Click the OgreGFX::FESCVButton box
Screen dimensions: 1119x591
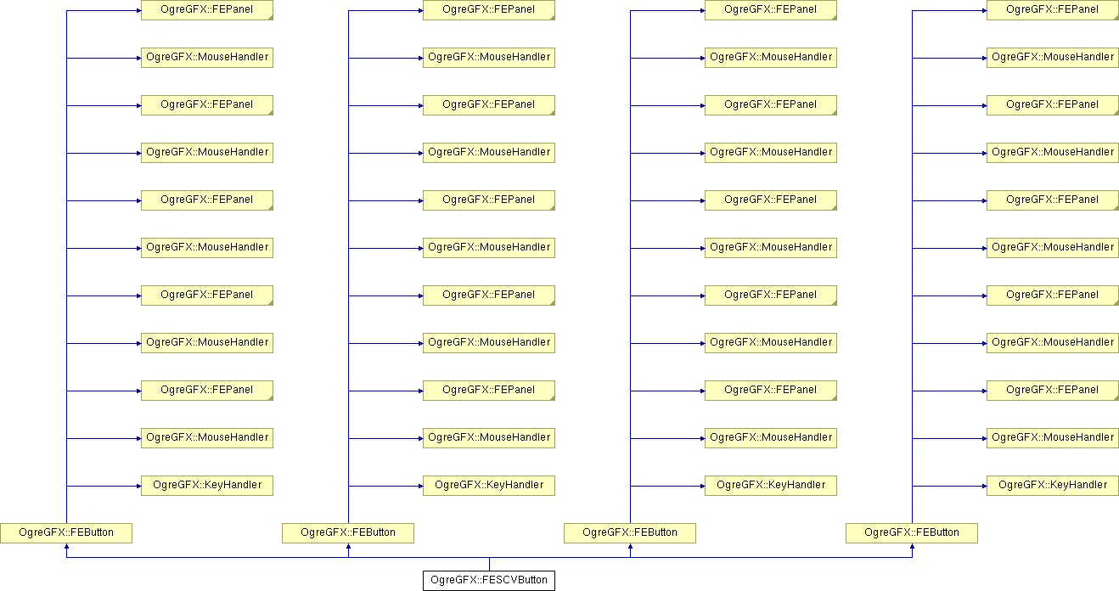[488, 581]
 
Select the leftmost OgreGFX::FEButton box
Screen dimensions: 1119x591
[66, 533]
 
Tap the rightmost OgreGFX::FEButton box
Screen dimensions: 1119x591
[912, 533]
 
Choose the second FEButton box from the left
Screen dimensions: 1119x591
[348, 533]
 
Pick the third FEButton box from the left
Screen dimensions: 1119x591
[630, 533]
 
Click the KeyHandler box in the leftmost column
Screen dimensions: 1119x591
[207, 486]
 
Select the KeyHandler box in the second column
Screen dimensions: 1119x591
[488, 486]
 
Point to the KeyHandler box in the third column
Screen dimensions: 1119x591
[771, 486]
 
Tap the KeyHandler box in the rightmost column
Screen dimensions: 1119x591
[1053, 486]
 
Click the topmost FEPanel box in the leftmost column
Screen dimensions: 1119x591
[207, 10]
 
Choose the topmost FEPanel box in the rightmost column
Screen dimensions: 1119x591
[1053, 10]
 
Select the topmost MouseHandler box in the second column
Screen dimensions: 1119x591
[488, 58]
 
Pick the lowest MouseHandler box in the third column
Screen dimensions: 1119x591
[771, 438]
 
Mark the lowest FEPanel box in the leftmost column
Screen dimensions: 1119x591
[207, 391]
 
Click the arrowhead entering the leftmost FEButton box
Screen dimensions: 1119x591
[66, 547]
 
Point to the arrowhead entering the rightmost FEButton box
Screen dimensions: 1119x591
[912, 547]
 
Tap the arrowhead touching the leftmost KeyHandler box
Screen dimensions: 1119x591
[138, 486]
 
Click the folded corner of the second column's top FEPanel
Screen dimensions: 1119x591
[553, 18]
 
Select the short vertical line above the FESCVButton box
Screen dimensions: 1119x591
[489, 564]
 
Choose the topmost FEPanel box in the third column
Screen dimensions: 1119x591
[771, 10]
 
